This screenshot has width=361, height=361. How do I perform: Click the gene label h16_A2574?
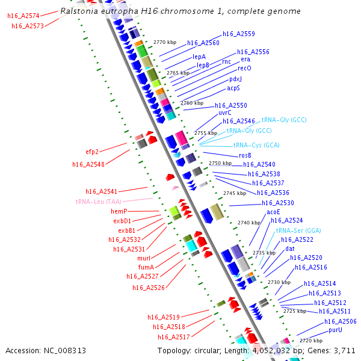(23, 16)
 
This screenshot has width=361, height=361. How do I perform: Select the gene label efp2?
(91, 152)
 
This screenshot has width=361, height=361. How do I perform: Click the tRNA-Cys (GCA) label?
(256, 146)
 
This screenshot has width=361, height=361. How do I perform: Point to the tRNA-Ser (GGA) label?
(298, 230)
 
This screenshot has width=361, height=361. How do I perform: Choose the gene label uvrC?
(224, 113)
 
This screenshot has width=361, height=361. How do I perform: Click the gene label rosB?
(245, 155)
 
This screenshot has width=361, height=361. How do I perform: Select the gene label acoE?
(274, 212)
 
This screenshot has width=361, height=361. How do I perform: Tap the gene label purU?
(335, 330)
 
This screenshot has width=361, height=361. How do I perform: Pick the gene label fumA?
(146, 267)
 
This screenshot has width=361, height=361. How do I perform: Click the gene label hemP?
(119, 212)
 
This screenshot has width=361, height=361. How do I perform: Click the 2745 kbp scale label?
(235, 193)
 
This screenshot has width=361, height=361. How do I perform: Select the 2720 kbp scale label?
(310, 341)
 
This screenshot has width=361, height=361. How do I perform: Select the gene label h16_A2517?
(174, 337)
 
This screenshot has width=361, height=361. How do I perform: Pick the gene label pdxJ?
(235, 79)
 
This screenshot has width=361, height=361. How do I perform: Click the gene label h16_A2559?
(239, 34)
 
